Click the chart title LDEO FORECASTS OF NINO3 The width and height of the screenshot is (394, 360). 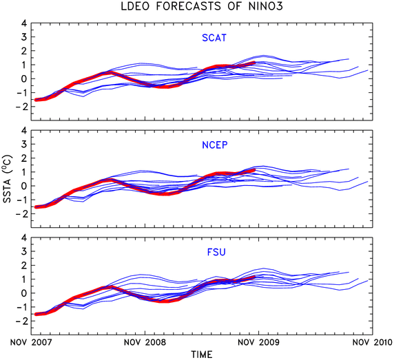click(202, 6)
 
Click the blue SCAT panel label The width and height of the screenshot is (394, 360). click(214, 38)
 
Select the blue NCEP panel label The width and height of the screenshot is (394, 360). click(215, 145)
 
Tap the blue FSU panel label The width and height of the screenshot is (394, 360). click(216, 252)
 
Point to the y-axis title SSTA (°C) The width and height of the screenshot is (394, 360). click(7, 179)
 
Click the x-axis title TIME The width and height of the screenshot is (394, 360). click(202, 354)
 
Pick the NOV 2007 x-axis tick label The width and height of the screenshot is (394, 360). click(31, 342)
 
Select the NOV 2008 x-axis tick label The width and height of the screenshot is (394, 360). click(145, 342)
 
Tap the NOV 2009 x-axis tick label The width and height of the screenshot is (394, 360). click(258, 342)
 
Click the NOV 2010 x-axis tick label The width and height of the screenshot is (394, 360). click(373, 342)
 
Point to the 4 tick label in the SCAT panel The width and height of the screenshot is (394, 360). click(23, 23)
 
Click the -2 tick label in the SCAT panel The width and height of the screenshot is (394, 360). click(21, 107)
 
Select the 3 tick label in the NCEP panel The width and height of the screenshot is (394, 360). click(23, 144)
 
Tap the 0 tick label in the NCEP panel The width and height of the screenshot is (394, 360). click(23, 186)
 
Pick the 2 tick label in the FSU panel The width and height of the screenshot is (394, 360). click(23, 265)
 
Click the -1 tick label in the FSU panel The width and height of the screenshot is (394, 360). click(21, 307)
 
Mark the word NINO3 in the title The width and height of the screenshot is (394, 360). click(266, 6)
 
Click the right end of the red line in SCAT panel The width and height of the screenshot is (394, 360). click(254, 63)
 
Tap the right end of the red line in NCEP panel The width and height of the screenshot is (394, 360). click(254, 170)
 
